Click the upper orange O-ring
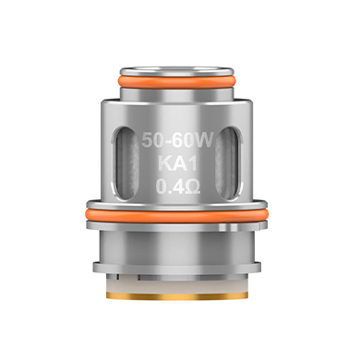pos(178,82)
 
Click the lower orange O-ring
pos(177,215)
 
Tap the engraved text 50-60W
pos(177,141)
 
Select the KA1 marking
pos(177,164)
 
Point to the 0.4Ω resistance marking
pos(178,187)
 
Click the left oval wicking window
pos(126,162)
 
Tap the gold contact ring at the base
pos(177,296)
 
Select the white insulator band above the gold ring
pos(177,285)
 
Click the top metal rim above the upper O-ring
pos(178,71)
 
